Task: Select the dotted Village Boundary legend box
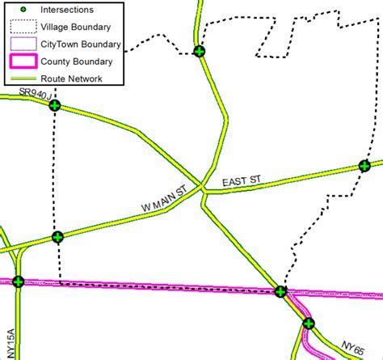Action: [26, 27]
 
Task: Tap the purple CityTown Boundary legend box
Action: [26, 44]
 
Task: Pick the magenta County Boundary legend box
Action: [26, 61]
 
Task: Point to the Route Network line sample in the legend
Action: [26, 78]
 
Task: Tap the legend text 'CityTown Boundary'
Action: [82, 44]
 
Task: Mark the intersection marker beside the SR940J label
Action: [55, 105]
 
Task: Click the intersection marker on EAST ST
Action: [364, 167]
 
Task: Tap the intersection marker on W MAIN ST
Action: [57, 237]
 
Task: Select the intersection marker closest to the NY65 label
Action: [308, 324]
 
